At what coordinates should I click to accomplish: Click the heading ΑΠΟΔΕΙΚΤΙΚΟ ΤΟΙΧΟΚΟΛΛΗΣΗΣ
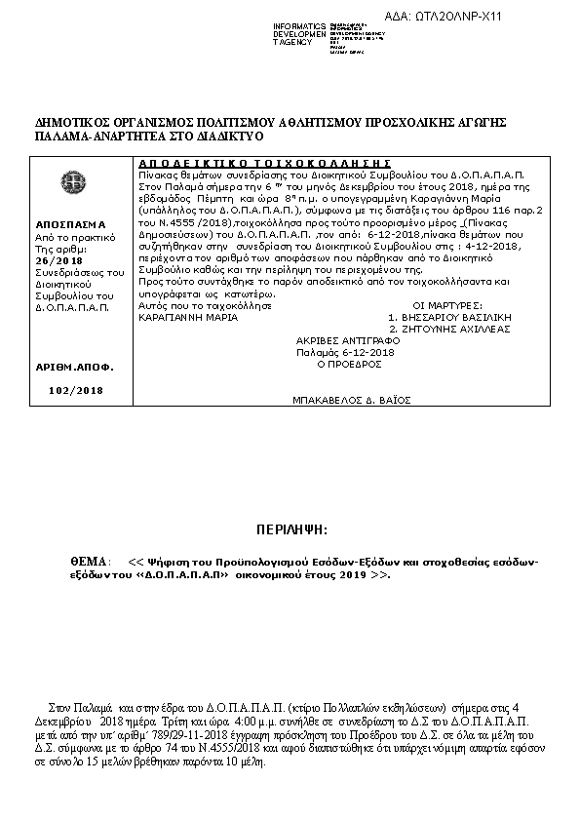tap(264, 162)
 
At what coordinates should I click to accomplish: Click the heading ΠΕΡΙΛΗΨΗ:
tap(290, 528)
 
